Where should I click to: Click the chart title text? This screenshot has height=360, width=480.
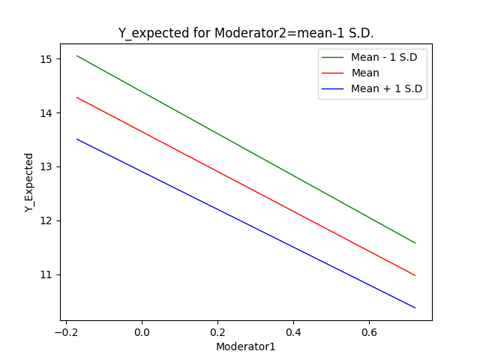(x=246, y=33)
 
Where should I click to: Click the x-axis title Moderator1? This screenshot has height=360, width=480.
(x=246, y=346)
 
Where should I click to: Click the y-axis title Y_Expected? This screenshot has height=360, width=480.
(x=29, y=182)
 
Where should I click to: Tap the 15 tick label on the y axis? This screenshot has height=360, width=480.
(x=46, y=59)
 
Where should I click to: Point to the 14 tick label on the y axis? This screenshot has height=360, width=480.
(x=46, y=113)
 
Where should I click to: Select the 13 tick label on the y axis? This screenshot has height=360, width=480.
(x=46, y=166)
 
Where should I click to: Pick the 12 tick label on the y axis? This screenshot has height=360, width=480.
(x=46, y=220)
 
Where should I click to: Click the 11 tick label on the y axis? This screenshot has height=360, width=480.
(x=46, y=274)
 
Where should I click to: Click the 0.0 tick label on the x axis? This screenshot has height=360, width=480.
(x=142, y=331)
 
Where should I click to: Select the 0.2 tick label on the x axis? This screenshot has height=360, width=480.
(x=217, y=331)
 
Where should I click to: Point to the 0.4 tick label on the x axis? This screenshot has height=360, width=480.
(x=293, y=331)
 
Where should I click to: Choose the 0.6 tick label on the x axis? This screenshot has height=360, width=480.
(x=369, y=331)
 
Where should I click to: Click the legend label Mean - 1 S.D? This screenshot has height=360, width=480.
(x=386, y=58)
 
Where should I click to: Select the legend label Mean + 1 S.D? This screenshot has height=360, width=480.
(x=386, y=88)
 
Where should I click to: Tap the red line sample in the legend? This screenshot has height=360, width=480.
(x=334, y=73)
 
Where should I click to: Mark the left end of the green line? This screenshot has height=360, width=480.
(x=76, y=55)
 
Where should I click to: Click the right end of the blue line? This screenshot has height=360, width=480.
(x=415, y=307)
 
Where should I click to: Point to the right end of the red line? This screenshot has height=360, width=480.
(x=415, y=275)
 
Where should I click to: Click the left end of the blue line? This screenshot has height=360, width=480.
(x=76, y=139)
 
